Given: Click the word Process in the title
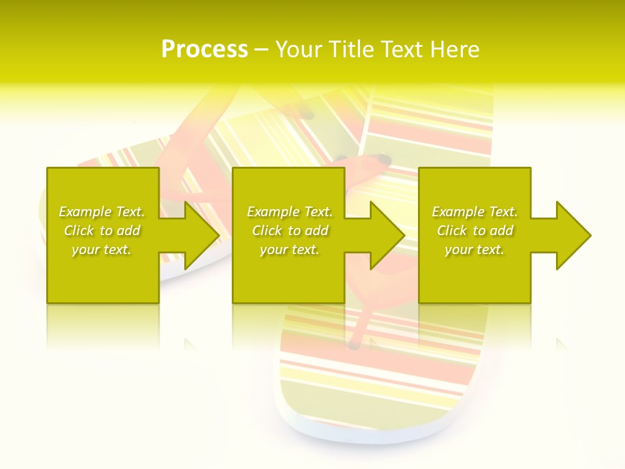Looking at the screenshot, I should click(204, 50).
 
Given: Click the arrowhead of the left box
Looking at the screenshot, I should click(202, 235).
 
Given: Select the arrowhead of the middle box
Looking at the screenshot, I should click(387, 235).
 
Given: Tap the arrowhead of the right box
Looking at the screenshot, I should click(573, 235).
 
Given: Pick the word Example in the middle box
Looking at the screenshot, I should click(272, 212).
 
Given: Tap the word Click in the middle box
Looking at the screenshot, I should click(267, 231).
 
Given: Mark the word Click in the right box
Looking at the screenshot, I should click(452, 231).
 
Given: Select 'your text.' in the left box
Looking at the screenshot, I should click(102, 249).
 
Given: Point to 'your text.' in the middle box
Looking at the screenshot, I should click(289, 249).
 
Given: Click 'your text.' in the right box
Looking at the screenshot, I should click(474, 249).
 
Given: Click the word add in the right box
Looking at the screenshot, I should click(502, 231).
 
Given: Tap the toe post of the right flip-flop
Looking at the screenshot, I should click(384, 159).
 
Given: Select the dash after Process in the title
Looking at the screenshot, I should click(261, 50).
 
